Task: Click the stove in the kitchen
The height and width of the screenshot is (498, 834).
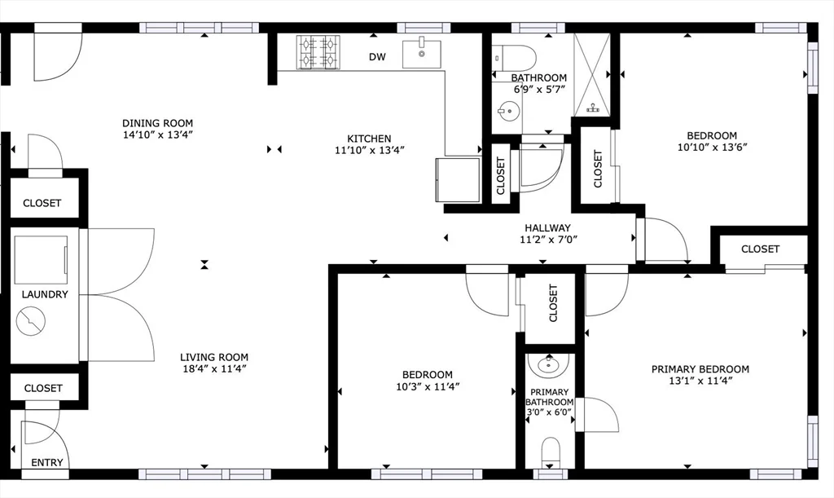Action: (318, 52)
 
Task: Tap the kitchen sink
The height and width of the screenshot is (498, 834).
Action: (422, 53)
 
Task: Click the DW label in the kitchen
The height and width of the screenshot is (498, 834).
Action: (377, 57)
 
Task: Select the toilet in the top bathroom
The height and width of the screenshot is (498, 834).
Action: (514, 56)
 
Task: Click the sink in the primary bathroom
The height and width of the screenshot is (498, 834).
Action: (548, 365)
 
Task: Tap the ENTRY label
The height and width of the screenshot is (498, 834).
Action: (46, 463)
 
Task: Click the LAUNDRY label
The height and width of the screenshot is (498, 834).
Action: (45, 294)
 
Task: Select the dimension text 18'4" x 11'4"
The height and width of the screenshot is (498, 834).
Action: (214, 368)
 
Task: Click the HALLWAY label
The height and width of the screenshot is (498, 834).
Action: (548, 227)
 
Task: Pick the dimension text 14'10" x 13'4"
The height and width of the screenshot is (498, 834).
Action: (157, 134)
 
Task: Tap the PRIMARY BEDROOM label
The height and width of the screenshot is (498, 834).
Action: (700, 369)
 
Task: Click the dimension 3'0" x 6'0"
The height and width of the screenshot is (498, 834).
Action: (550, 412)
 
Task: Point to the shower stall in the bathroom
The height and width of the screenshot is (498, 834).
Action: (591, 74)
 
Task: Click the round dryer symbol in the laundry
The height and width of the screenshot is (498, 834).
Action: (31, 321)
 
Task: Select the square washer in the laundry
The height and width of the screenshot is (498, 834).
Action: (41, 260)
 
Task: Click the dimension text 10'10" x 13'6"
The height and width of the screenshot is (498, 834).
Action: (712, 148)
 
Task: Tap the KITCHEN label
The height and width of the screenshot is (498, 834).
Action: (369, 139)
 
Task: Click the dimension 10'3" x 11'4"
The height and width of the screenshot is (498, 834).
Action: (428, 387)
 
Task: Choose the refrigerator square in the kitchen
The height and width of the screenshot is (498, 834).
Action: (458, 180)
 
